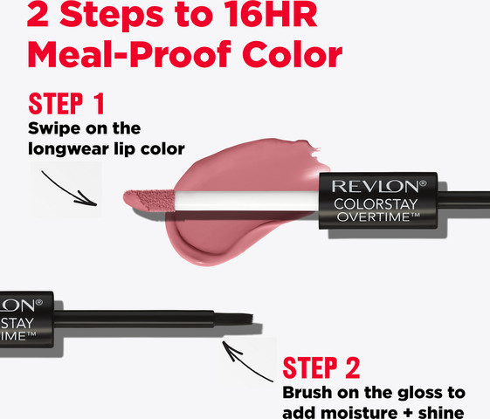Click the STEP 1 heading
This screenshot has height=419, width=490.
coord(66,104)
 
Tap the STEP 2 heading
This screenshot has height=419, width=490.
coord(321,367)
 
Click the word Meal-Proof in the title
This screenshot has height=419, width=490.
coord(129,55)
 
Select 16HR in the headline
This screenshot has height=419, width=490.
coord(271,14)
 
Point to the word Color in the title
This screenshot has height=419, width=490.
coord(293,55)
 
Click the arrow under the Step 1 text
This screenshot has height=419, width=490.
coord(69,189)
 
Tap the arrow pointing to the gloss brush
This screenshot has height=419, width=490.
coord(247,361)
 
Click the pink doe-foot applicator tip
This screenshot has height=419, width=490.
coord(148,200)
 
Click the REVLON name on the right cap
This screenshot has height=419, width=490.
coord(379,187)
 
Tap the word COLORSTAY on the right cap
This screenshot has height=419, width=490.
coord(376,204)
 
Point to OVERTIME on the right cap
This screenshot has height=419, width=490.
coord(378,216)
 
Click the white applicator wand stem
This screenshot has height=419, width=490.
coord(247,201)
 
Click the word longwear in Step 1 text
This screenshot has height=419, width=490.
coord(68,149)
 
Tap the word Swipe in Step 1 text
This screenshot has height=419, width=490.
coord(54,128)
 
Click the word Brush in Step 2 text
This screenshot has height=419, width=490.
coord(307,393)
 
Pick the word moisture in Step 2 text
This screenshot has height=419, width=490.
coord(359,413)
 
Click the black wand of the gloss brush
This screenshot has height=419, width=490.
coord(134,319)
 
